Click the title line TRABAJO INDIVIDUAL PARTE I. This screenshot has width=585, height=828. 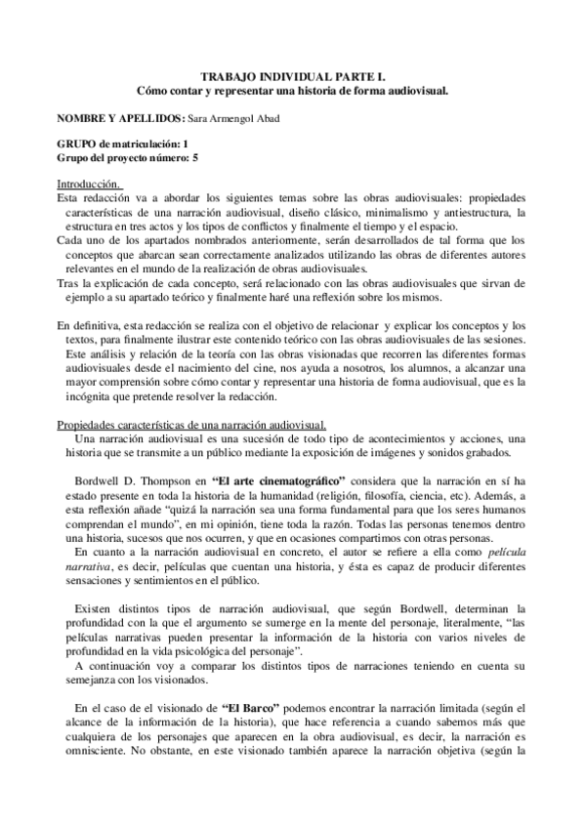click(x=292, y=74)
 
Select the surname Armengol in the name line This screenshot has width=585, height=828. click(x=232, y=117)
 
